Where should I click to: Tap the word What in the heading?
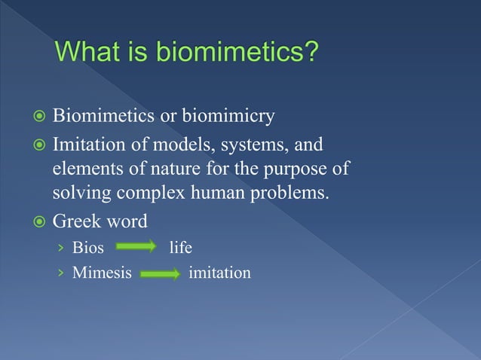point(90,54)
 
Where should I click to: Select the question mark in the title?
point(311,54)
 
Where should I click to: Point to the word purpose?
point(306,167)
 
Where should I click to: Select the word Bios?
point(87,247)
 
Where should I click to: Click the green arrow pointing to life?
point(136,247)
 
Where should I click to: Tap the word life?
point(180,247)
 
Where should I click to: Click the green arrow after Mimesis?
point(158,272)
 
